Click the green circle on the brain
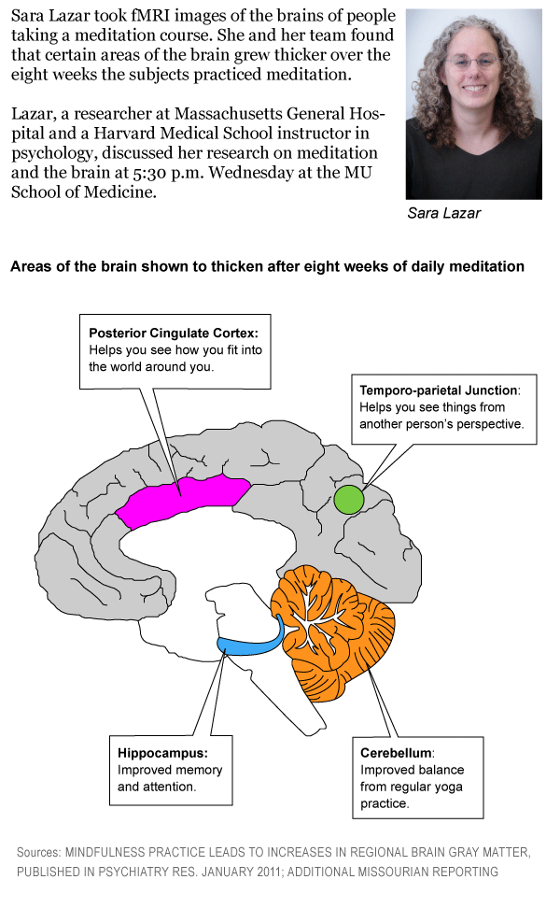tap(349, 499)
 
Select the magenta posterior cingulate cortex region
tap(183, 500)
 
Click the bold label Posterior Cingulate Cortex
tap(174, 333)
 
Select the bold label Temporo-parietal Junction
tap(439, 390)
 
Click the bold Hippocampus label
tap(162, 753)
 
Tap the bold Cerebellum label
tap(396, 753)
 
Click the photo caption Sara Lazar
tap(443, 213)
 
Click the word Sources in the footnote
tap(39, 852)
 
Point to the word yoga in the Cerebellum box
tap(450, 787)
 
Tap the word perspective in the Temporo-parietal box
tap(491, 424)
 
